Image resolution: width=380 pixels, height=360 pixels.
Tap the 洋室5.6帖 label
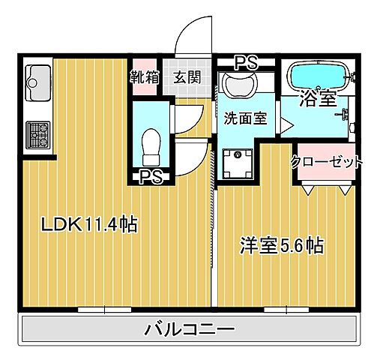[x=281, y=245]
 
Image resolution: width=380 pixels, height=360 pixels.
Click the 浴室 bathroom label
[x=318, y=98]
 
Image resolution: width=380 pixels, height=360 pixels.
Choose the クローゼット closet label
[x=328, y=161]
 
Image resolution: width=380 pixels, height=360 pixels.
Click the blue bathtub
[x=317, y=76]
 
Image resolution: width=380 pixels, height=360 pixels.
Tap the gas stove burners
[x=37, y=135]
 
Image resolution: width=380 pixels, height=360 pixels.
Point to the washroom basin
[x=240, y=86]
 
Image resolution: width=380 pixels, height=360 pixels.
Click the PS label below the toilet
[x=151, y=177]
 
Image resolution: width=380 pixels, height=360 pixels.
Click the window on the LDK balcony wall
[x=104, y=307]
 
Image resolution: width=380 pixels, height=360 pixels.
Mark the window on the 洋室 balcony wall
[x=287, y=307]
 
